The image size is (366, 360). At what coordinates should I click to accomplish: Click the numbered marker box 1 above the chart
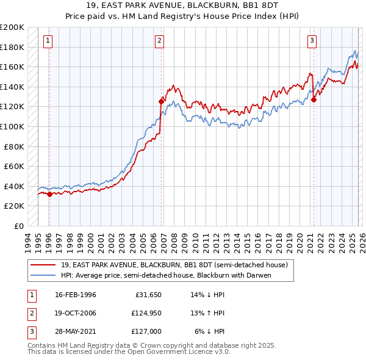click(48, 41)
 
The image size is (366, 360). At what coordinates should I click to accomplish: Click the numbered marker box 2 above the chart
click(159, 41)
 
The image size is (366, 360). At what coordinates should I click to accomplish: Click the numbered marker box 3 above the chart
click(312, 41)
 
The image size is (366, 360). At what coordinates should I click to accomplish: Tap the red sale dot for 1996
click(49, 195)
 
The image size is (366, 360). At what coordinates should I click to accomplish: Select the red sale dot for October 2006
click(161, 101)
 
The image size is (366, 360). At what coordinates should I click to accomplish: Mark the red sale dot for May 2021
click(314, 99)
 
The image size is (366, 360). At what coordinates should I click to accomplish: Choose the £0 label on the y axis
click(18, 226)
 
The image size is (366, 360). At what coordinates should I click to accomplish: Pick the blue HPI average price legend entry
click(165, 275)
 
